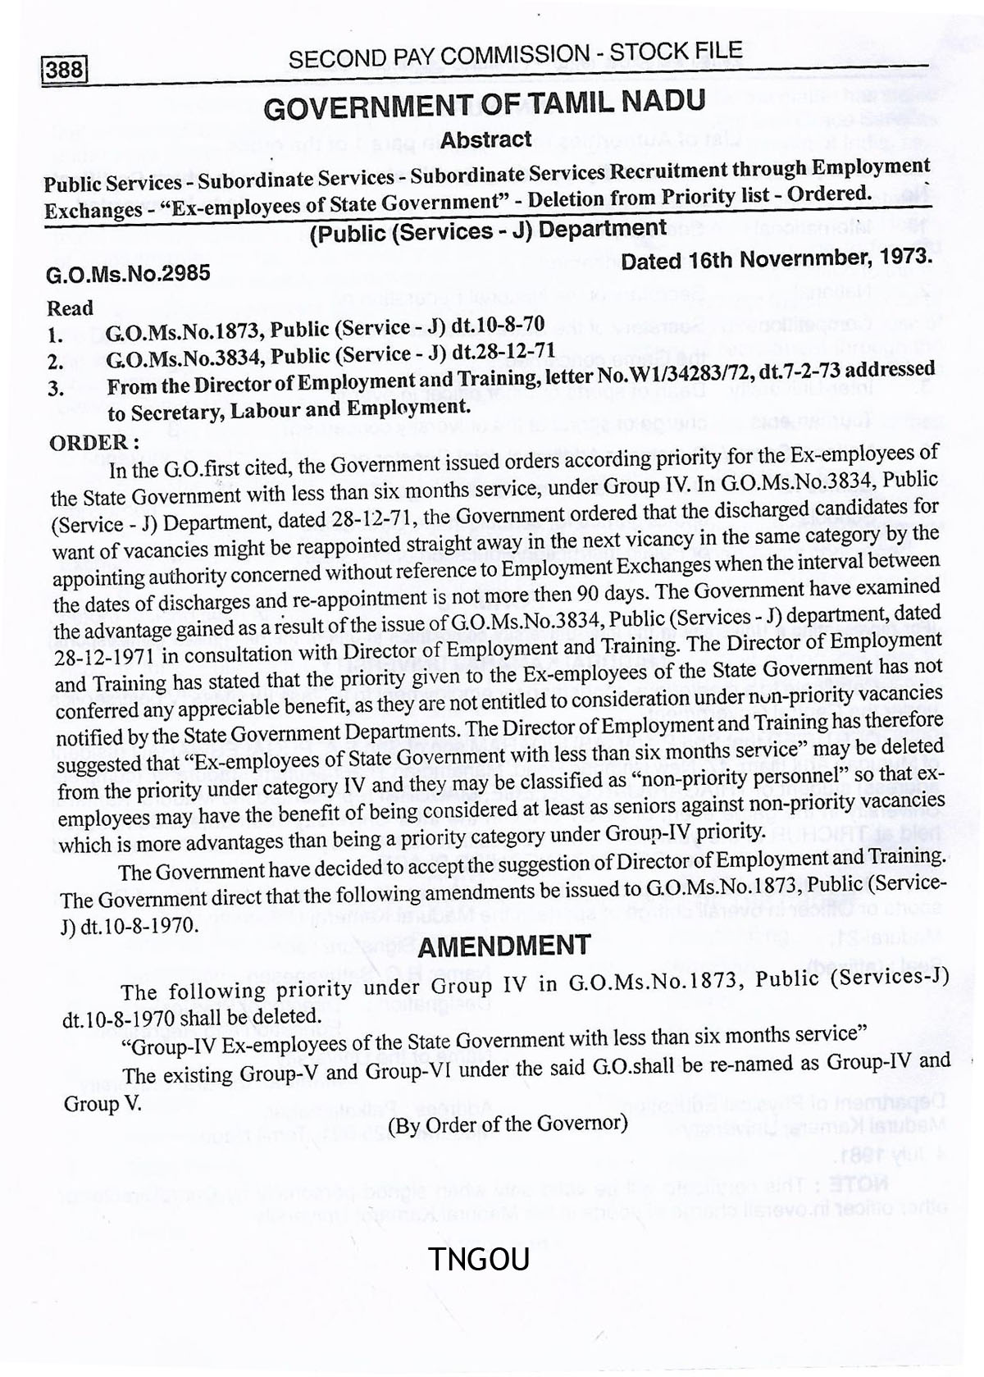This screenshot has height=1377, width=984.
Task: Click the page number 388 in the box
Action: (65, 70)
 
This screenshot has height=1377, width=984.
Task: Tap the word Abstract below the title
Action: (486, 139)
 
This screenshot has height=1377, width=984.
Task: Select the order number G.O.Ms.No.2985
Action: (129, 273)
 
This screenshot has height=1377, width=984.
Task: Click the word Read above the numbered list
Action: (70, 308)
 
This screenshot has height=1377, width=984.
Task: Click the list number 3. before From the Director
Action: (56, 389)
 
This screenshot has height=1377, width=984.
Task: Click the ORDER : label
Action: (94, 442)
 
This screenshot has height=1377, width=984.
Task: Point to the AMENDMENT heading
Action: (503, 946)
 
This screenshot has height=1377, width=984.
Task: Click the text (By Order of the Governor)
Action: (508, 1123)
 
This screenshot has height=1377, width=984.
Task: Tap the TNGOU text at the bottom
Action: (480, 1259)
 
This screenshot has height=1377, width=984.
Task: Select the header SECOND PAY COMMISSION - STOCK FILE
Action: (515, 55)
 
